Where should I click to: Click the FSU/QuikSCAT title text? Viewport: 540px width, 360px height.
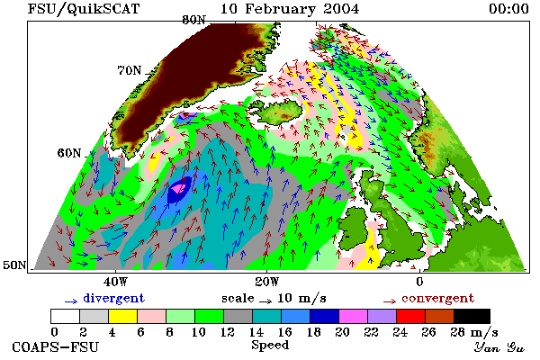(x=84, y=9)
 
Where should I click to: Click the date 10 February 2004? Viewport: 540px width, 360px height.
(x=290, y=9)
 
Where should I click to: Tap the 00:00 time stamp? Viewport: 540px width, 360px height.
(x=508, y=9)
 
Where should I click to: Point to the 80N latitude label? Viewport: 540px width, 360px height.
(x=193, y=20)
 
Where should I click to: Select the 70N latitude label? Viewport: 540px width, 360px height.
(x=130, y=70)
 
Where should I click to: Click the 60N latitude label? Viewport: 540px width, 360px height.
(x=69, y=153)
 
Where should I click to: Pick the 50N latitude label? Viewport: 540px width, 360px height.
(x=14, y=265)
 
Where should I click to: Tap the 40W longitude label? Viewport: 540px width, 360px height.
(x=115, y=282)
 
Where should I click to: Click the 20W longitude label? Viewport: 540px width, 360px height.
(x=267, y=282)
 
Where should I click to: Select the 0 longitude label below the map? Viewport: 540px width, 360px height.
(x=419, y=282)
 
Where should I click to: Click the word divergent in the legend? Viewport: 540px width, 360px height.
(x=113, y=298)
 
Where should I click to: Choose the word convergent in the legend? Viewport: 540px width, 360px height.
(x=437, y=298)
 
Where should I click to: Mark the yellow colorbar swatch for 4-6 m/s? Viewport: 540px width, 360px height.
(x=122, y=316)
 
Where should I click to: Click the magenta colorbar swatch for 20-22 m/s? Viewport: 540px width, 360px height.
(x=354, y=316)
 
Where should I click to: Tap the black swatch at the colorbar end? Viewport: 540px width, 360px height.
(x=472, y=316)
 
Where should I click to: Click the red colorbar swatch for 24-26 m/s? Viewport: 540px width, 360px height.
(x=411, y=316)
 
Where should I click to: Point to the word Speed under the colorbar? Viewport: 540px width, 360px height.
(x=270, y=346)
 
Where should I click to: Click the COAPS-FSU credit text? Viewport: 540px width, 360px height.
(x=56, y=346)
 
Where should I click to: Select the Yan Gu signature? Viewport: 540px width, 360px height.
(x=499, y=347)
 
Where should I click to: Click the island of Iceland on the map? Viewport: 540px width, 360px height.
(x=279, y=111)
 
